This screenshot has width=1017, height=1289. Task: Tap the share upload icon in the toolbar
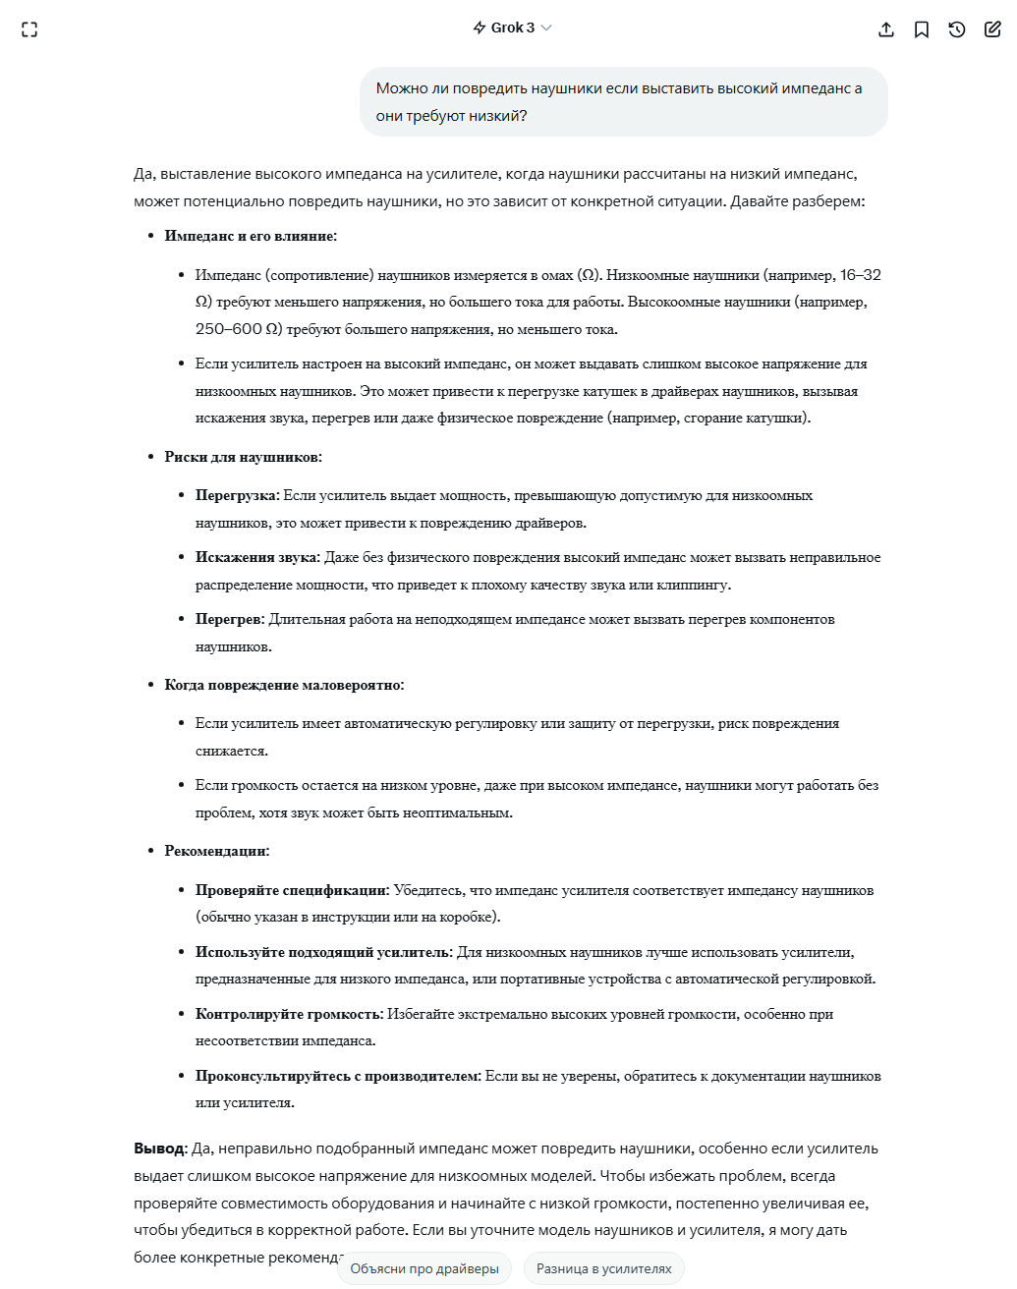[886, 29]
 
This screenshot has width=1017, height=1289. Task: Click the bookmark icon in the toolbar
[922, 29]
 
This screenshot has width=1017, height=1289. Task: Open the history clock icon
[957, 29]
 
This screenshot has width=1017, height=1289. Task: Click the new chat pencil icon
[992, 29]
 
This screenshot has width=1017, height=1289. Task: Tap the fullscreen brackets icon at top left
[29, 29]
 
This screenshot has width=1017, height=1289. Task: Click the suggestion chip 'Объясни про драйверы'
[424, 1268]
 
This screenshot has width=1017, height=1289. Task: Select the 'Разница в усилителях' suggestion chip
[603, 1268]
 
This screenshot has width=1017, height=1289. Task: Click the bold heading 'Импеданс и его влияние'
[250, 236]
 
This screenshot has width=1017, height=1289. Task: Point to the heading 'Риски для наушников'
[242, 457]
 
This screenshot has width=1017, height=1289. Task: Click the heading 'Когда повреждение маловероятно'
[283, 685]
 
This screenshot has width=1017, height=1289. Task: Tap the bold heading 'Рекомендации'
[215, 851]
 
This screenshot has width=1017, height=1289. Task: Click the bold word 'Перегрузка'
[236, 495]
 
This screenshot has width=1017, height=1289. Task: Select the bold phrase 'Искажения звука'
[256, 557]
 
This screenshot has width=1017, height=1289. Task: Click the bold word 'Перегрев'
[229, 619]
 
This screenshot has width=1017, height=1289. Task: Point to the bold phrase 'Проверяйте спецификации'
[291, 890]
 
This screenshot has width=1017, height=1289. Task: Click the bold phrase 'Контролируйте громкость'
[288, 1014]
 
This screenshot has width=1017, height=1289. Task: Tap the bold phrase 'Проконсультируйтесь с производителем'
[337, 1076]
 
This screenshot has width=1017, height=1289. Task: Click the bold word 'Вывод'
[158, 1149]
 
